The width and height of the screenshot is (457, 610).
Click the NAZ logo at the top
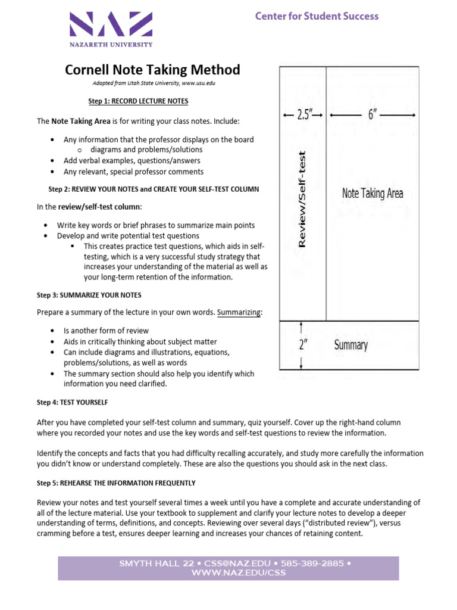(x=111, y=26)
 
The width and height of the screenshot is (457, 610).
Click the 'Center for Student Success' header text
(x=317, y=16)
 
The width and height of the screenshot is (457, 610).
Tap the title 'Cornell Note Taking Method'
(x=152, y=70)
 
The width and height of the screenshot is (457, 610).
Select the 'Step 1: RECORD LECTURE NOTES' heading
(x=138, y=101)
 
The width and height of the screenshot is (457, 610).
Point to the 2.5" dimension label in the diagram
(x=302, y=116)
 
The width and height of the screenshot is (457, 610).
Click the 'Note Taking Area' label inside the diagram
(x=373, y=193)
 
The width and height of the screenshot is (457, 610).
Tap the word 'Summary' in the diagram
(x=350, y=345)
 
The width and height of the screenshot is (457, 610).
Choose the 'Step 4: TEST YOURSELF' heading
(x=72, y=403)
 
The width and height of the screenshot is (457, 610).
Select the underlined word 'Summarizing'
(x=239, y=312)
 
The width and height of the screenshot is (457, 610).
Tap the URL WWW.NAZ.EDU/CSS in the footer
(x=238, y=573)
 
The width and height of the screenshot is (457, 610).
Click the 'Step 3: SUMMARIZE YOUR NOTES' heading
(x=89, y=295)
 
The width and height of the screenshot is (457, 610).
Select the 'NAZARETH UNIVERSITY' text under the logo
(x=111, y=44)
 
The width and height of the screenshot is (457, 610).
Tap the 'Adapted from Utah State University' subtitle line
(x=154, y=83)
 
